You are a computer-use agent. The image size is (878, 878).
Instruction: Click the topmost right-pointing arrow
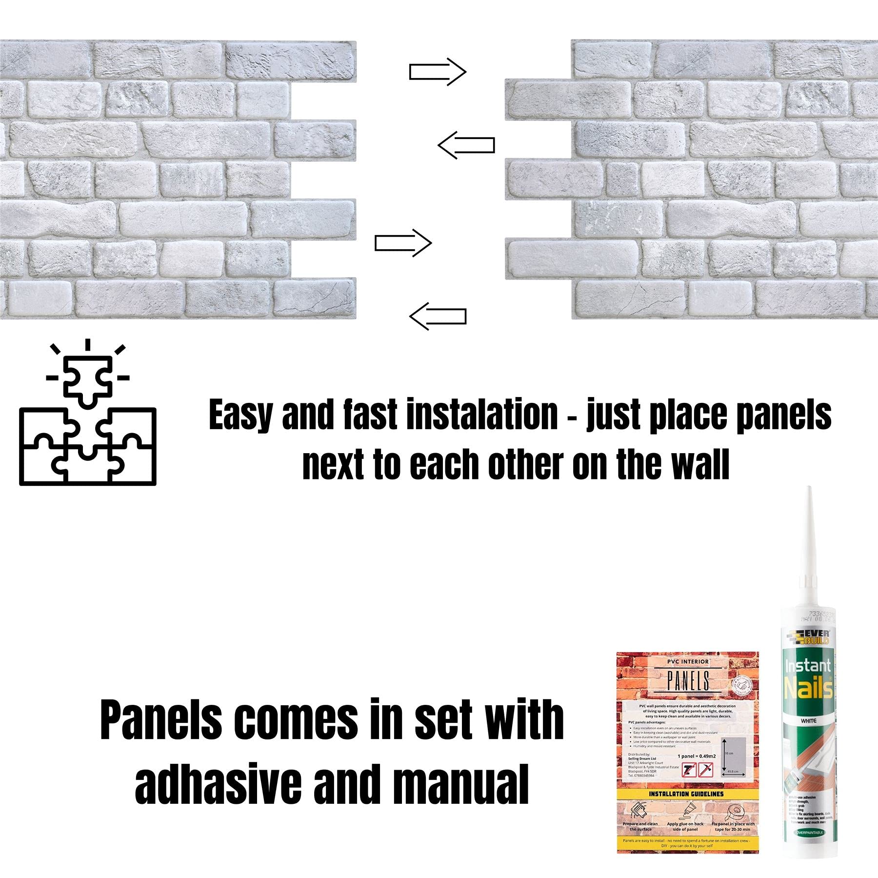(438, 72)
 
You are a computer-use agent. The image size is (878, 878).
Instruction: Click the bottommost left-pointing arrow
(438, 316)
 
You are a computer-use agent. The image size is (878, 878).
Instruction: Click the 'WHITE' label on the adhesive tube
(808, 721)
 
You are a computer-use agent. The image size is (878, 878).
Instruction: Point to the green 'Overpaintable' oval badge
(810, 832)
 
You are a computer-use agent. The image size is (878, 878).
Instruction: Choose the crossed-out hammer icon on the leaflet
(689, 771)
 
